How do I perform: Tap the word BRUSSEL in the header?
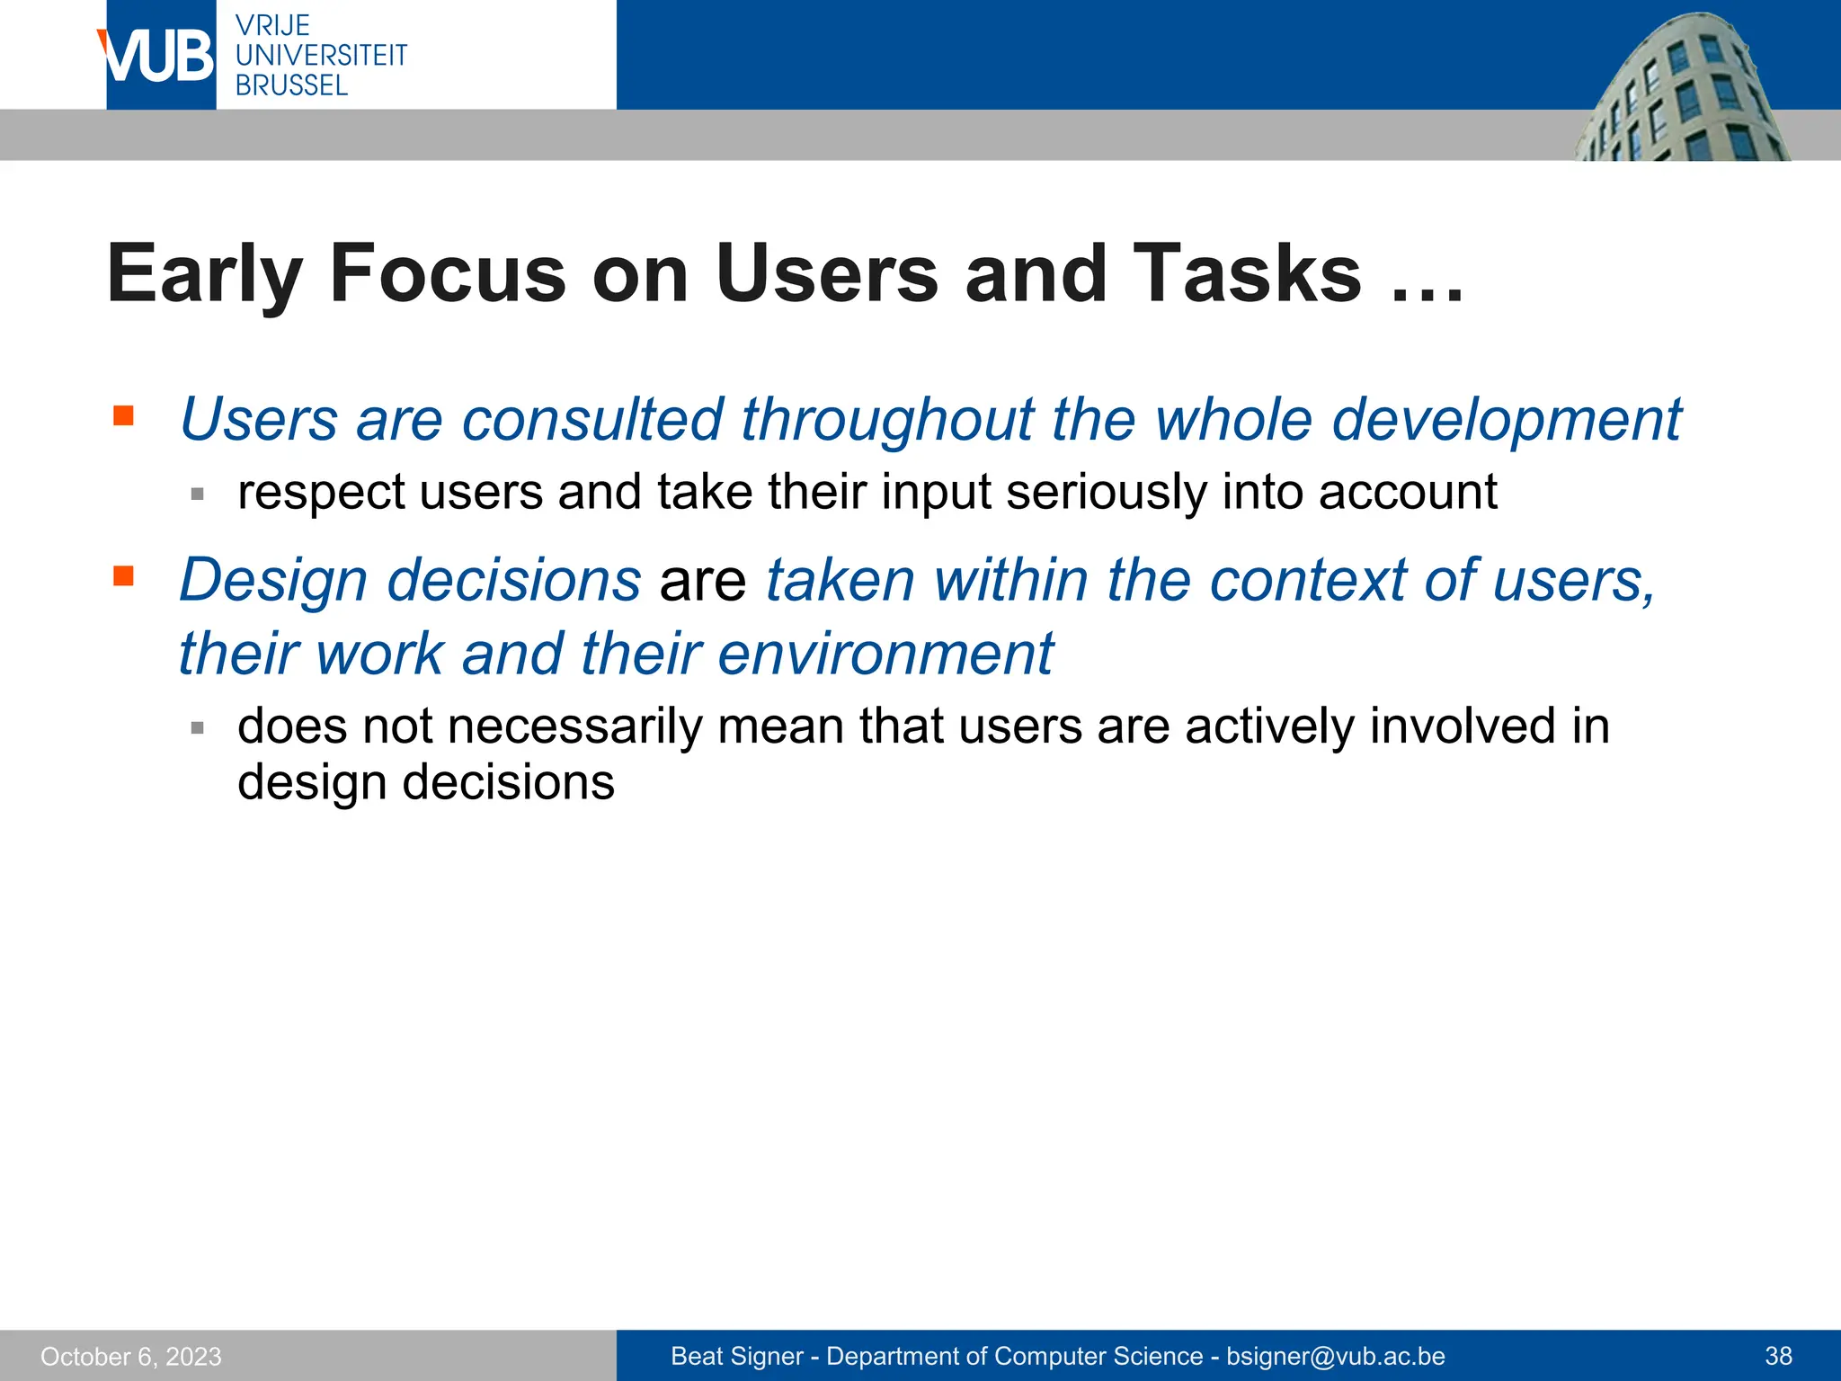coord(291,86)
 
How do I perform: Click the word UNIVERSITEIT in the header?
coord(321,56)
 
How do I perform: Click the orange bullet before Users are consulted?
coord(124,415)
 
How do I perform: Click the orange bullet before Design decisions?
coord(124,575)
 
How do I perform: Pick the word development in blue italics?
coord(1506,420)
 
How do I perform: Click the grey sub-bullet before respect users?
coord(198,494)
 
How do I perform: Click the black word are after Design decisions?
coord(702,581)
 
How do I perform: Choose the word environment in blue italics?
coord(885,654)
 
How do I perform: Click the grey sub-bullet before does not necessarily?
coord(198,727)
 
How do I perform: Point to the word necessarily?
coord(574,726)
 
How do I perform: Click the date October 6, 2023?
coord(131,1356)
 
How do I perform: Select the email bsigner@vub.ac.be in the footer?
coord(1335,1356)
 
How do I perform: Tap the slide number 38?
coord(1778,1356)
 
